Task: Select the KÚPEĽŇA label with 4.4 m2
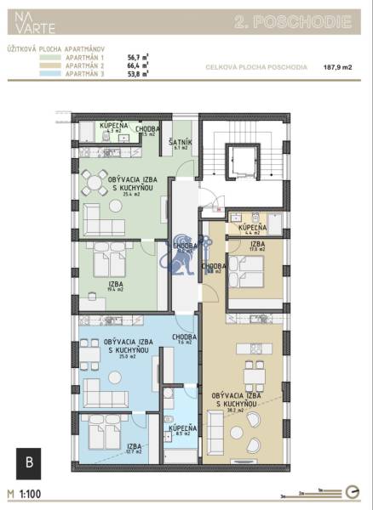[x=253, y=229]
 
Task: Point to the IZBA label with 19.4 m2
[x=114, y=287]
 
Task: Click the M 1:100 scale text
[x=25, y=493]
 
